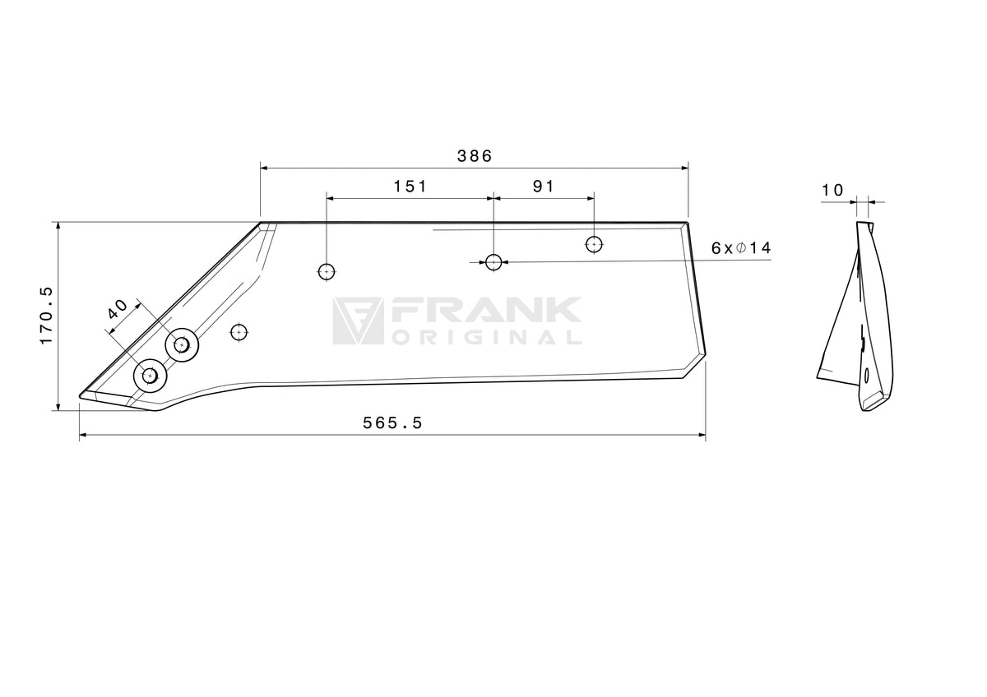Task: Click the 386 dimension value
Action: pos(474,156)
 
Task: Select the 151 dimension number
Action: pos(410,187)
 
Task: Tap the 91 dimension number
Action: pos(544,187)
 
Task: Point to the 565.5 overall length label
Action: pos(392,423)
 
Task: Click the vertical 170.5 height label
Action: pos(46,316)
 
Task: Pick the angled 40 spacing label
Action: pos(118,309)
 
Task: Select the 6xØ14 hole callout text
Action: pos(741,248)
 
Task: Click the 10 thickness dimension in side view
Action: pos(832,190)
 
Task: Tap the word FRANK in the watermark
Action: pos(486,310)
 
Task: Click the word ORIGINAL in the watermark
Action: pos(486,337)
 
